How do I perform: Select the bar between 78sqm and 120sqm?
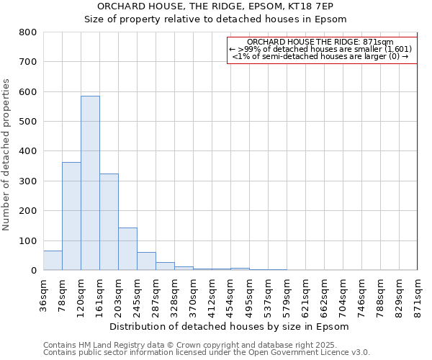[71, 216]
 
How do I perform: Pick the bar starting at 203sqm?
[127, 249]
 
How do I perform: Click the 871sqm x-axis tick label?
[418, 295]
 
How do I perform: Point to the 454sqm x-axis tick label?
[231, 295]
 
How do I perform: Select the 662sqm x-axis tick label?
[325, 295]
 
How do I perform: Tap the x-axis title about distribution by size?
[230, 326]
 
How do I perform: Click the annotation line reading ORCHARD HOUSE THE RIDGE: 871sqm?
[320, 42]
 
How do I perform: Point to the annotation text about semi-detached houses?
[320, 56]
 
